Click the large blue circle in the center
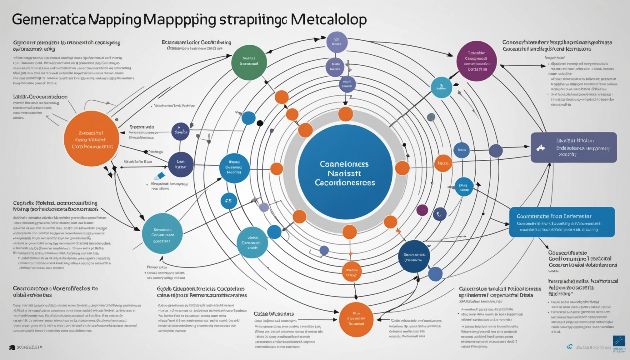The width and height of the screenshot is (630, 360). click(x=345, y=172)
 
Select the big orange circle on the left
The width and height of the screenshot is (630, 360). click(x=91, y=138)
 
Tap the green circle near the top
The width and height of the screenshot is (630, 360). click(x=249, y=62)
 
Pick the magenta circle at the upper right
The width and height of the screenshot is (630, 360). click(x=476, y=61)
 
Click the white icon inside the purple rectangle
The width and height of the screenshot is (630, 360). click(x=541, y=148)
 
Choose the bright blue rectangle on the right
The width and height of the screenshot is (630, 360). click(x=562, y=222)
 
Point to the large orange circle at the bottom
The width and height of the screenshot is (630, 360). click(x=356, y=319)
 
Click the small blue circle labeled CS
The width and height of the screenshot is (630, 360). click(x=228, y=201)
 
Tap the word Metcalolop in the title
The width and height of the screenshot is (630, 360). click(x=328, y=19)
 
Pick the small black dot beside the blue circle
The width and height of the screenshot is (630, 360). click(x=260, y=123)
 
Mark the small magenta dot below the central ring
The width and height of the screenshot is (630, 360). click(x=422, y=210)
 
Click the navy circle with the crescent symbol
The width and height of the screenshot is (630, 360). click(x=439, y=214)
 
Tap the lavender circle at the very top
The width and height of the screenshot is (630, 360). click(x=337, y=42)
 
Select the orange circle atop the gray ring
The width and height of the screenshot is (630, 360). click(x=345, y=114)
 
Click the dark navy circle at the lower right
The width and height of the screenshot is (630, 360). click(x=414, y=256)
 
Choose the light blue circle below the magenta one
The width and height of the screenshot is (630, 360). click(x=441, y=87)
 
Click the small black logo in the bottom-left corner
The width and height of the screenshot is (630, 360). click(x=12, y=347)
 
